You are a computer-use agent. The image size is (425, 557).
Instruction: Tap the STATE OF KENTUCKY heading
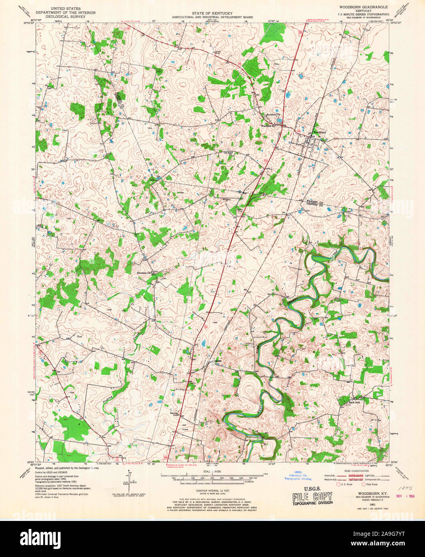(x=212, y=13)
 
